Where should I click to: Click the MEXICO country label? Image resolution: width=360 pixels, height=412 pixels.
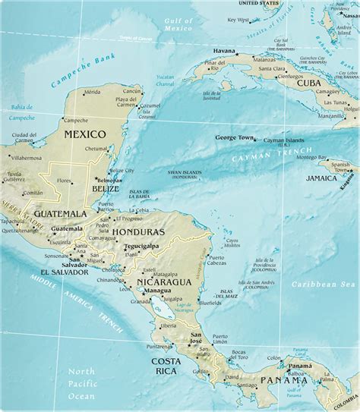[84, 134]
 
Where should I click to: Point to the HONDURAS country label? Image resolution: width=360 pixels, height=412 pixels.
[138, 231]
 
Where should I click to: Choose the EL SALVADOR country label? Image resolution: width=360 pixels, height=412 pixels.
[65, 271]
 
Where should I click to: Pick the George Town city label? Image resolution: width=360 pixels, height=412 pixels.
[233, 138]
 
